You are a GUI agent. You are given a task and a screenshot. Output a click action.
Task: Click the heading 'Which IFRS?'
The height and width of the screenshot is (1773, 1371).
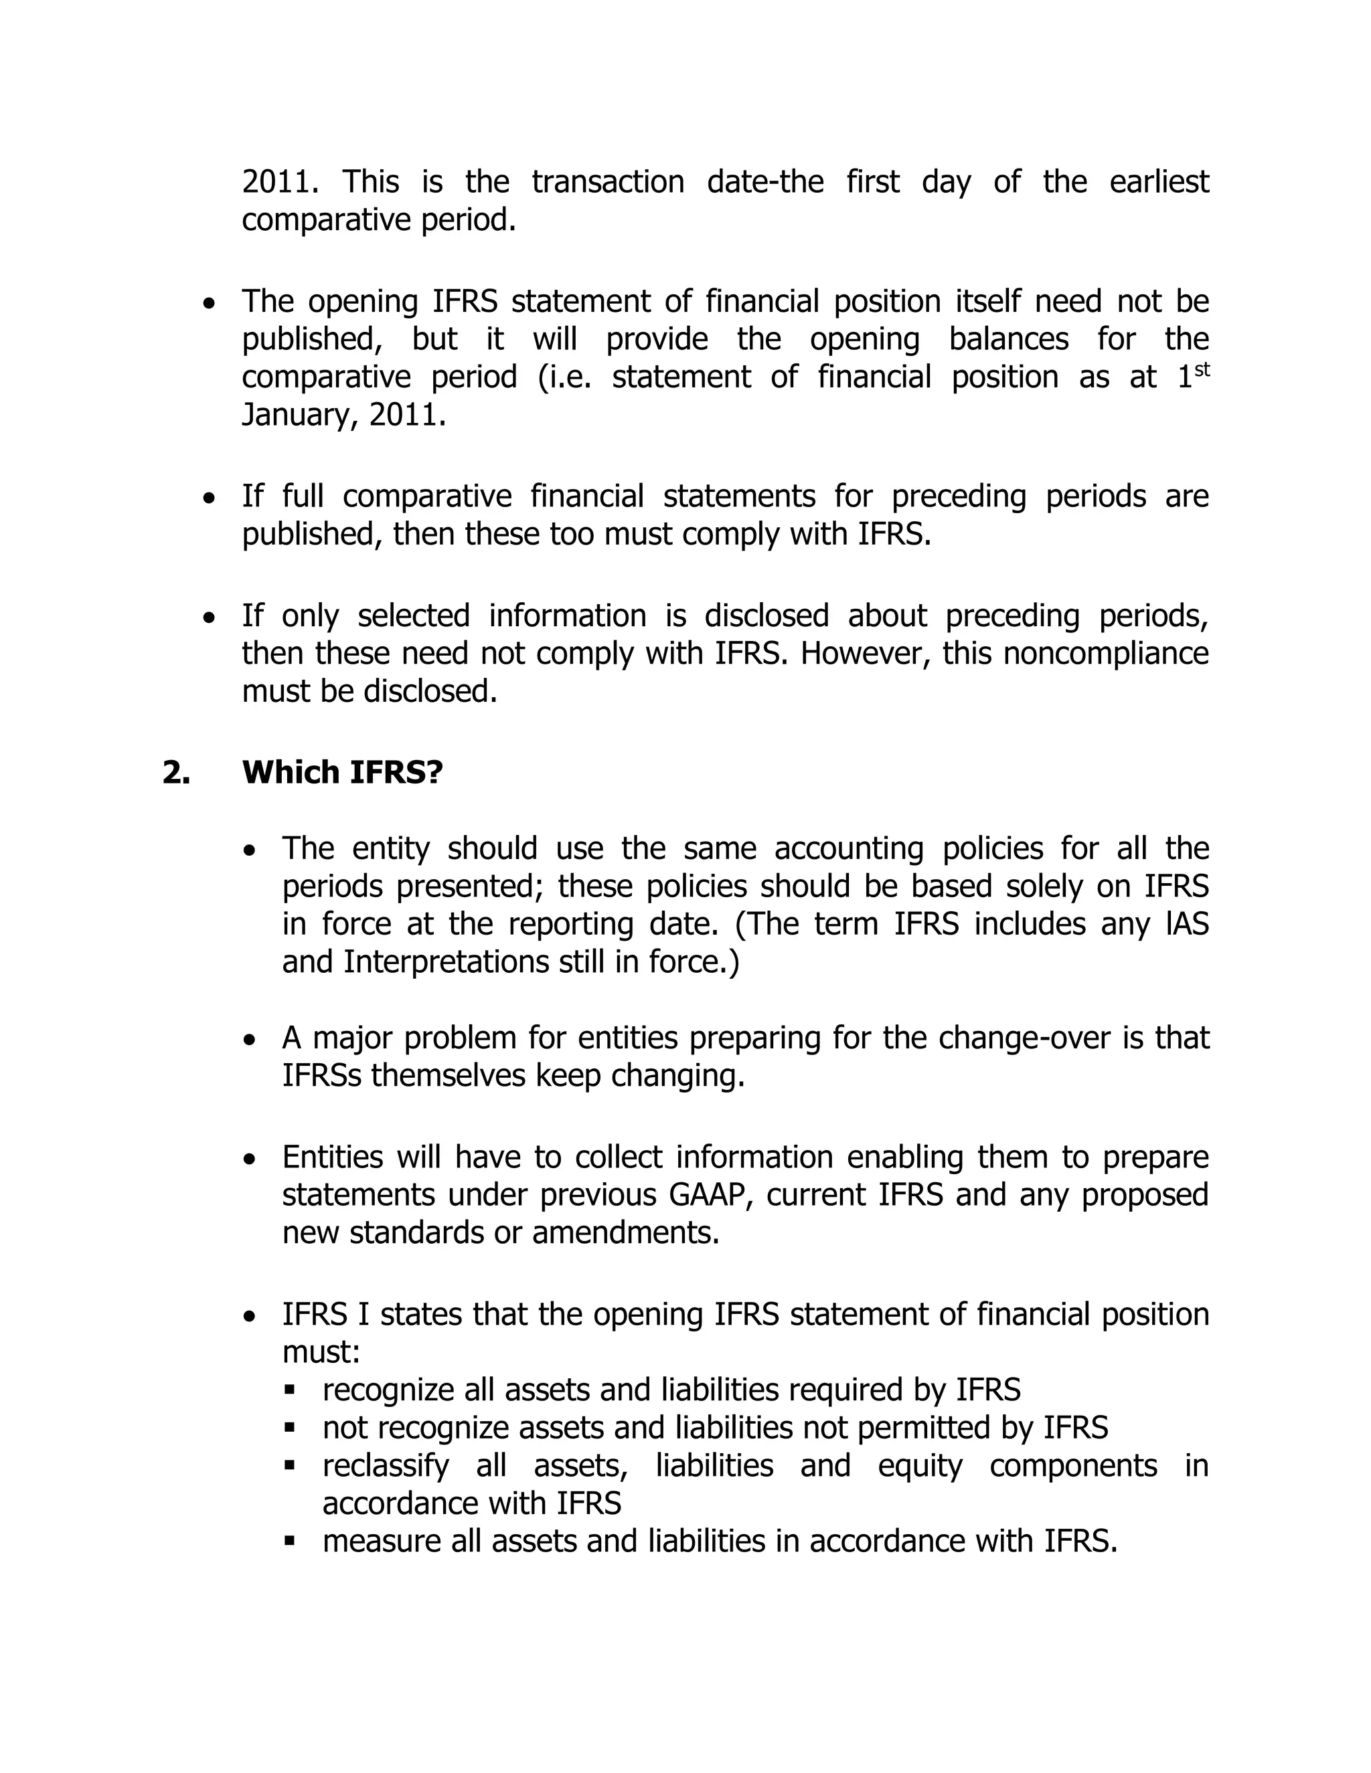(342, 772)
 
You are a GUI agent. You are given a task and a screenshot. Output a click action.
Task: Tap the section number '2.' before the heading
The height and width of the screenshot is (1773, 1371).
(175, 772)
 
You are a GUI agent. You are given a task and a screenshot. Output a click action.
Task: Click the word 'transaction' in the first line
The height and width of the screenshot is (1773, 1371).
(608, 181)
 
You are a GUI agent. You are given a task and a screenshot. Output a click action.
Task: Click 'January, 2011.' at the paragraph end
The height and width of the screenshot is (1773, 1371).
(343, 415)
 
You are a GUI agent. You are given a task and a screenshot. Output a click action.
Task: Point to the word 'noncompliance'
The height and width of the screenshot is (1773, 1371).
(1105, 653)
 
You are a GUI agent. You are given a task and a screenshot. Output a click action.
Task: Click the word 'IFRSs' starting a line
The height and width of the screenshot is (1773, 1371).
(321, 1076)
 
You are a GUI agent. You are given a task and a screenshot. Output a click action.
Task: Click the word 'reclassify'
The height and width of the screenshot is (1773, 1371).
(385, 1465)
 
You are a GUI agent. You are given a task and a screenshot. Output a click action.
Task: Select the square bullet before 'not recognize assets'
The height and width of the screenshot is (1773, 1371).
(289, 1427)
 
